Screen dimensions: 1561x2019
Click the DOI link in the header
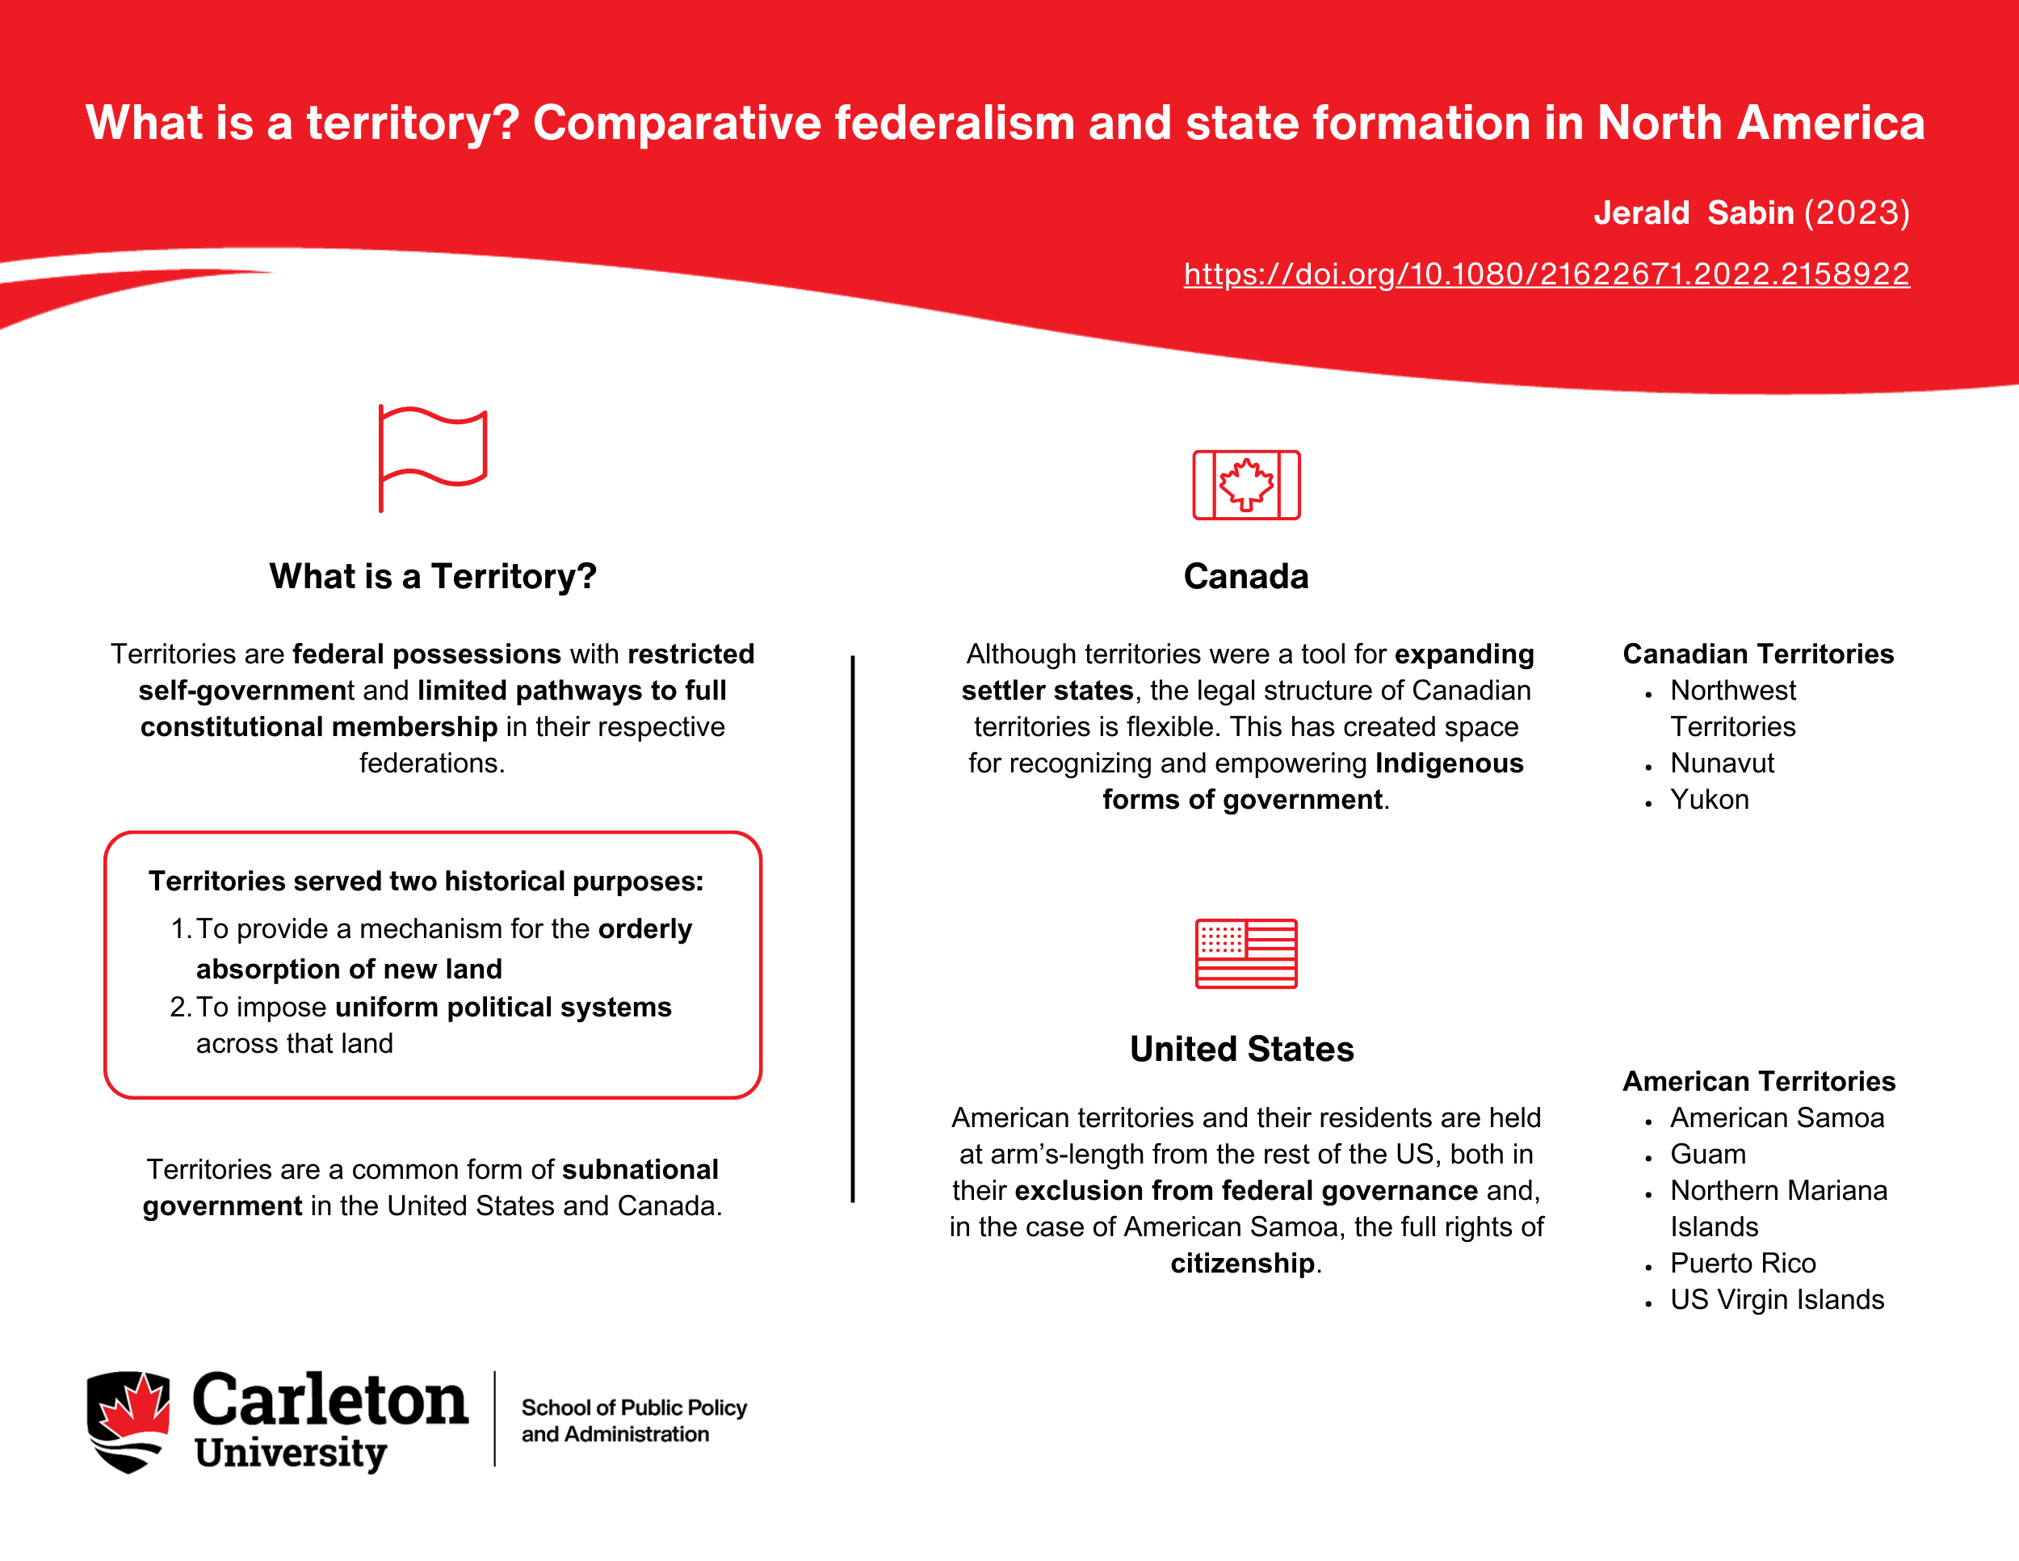point(1546,274)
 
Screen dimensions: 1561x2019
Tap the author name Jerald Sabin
point(1693,212)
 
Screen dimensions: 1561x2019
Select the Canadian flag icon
point(1246,485)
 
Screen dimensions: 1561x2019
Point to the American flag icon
point(1246,953)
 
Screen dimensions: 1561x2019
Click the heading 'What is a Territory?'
point(433,576)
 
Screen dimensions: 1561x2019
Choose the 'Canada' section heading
point(1246,576)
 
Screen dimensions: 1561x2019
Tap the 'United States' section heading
point(1241,1049)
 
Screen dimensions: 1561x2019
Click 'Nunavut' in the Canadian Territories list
point(1721,763)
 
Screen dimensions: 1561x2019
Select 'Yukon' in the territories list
point(1710,799)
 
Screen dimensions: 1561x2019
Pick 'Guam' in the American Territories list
point(1707,1154)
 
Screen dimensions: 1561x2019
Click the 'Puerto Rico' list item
point(1743,1263)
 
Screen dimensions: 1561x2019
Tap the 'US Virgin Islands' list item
point(1777,1299)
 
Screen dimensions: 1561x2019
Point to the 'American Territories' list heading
point(1758,1081)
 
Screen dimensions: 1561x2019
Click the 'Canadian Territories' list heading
point(1758,654)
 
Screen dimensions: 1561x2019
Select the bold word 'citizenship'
point(1241,1263)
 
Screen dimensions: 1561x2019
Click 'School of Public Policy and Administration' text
point(633,1420)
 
